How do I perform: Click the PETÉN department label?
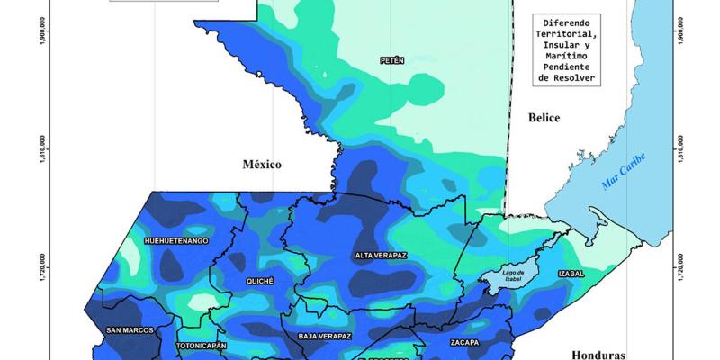coord(392,60)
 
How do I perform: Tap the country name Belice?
coord(544,118)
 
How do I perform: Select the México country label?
coord(262,164)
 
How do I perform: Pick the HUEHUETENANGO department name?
coord(177,241)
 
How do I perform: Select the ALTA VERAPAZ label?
coord(381,256)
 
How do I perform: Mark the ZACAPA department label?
coord(466,343)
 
